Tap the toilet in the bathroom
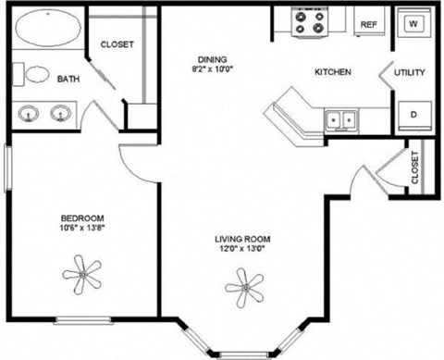tap(35, 77)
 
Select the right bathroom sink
tap(61, 114)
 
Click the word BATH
tap(68, 80)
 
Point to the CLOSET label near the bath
tap(117, 43)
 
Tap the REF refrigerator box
tap(368, 24)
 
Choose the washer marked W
tap(413, 22)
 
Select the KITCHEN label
tap(332, 72)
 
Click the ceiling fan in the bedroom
tap(84, 271)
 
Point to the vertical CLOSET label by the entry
tap(413, 168)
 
